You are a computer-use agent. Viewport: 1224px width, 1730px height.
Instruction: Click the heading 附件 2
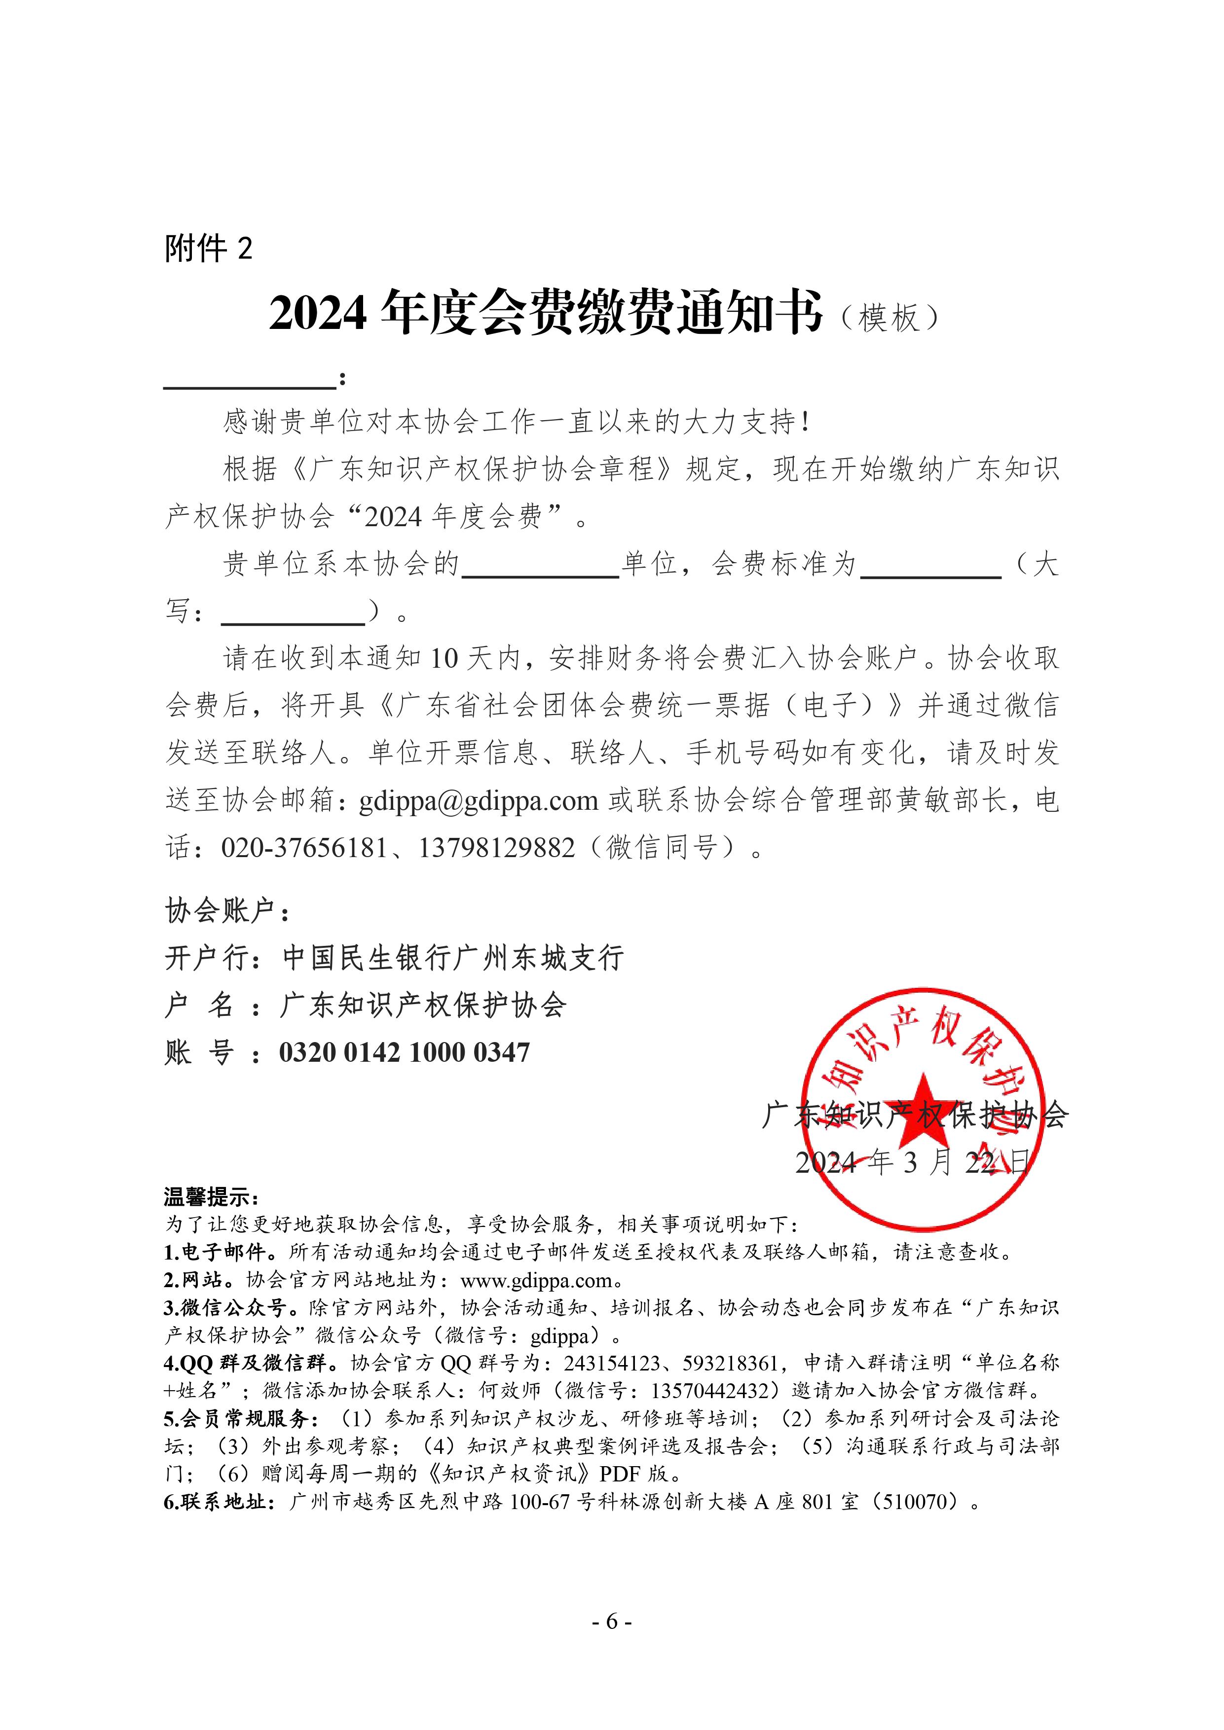(208, 248)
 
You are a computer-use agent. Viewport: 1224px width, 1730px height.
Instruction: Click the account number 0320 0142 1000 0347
(404, 1052)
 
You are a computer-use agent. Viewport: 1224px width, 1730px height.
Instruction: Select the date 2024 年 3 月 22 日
(912, 1163)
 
